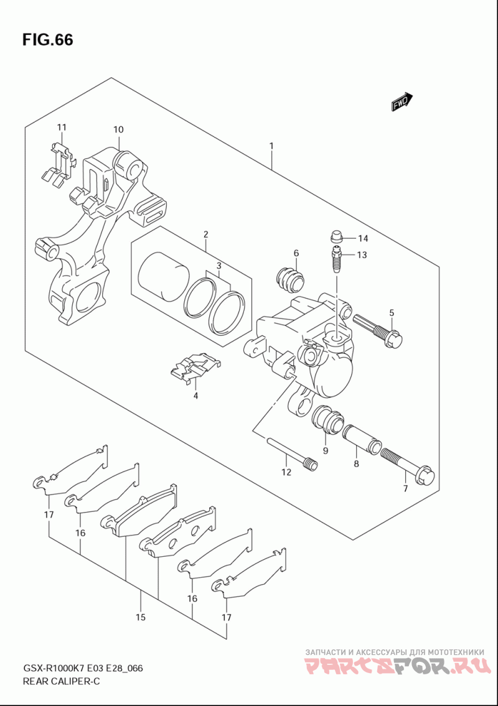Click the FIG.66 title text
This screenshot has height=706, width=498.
[x=47, y=40]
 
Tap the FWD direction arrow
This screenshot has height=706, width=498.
[x=402, y=102]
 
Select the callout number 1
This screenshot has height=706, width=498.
[x=271, y=146]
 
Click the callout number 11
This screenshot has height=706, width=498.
[x=62, y=128]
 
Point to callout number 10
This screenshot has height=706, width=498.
[x=118, y=129]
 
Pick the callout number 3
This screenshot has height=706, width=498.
[x=218, y=266]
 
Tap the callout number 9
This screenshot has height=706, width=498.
[x=326, y=450]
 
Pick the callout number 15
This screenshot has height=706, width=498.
[x=141, y=616]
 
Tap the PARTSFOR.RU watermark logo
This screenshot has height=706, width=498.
[x=396, y=666]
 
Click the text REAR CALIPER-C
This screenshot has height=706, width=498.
[x=61, y=681]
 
